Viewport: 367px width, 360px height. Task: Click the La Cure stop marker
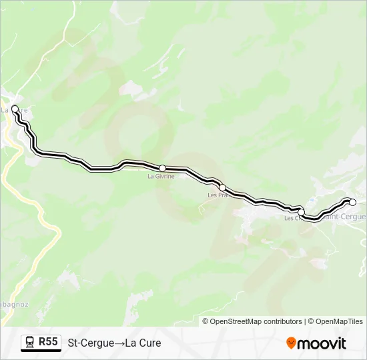point(15,109)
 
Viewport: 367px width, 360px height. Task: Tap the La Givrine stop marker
point(162,168)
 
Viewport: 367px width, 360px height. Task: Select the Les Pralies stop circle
point(222,187)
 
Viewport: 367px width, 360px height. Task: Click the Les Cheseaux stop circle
point(301,212)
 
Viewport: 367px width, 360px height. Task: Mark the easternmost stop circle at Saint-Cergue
point(352,202)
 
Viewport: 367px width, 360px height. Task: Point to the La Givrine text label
point(161,177)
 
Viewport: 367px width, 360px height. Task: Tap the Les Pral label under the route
point(218,195)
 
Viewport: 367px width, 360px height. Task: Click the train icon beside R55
point(29,343)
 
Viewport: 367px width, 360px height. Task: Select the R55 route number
point(48,342)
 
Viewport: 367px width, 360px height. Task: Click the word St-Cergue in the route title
point(91,343)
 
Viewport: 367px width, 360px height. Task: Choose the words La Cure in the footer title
point(143,343)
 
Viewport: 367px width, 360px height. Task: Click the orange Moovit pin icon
point(292,343)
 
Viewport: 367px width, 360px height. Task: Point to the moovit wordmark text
point(322,343)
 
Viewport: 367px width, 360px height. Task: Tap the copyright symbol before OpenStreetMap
point(206,321)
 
